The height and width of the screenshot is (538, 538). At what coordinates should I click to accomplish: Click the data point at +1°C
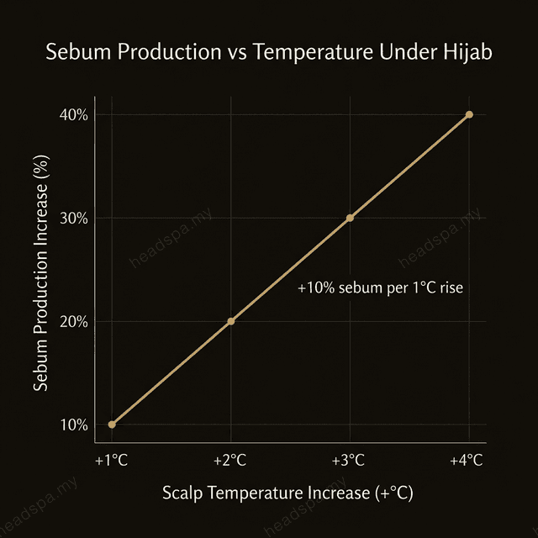(112, 425)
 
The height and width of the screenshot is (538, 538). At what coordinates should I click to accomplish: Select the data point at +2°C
(231, 321)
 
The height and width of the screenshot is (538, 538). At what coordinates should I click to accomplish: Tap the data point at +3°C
(350, 218)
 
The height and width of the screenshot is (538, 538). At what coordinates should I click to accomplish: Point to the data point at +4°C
(469, 114)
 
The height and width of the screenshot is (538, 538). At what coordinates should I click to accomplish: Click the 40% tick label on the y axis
(73, 115)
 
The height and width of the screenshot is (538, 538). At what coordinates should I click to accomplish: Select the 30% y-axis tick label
(73, 219)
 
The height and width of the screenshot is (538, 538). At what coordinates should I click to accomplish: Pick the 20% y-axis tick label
(73, 322)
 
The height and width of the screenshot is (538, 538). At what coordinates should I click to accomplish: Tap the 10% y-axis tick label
(73, 425)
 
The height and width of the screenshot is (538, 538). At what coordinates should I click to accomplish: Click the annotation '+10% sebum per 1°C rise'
(381, 287)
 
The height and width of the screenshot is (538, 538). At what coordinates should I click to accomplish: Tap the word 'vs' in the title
(226, 52)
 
